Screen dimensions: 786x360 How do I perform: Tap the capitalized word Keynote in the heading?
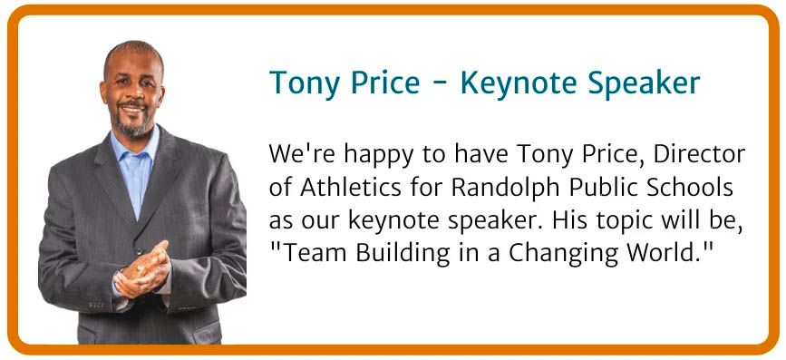click(519, 83)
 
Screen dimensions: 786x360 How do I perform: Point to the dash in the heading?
click(440, 86)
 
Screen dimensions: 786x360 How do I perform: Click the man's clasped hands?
click(143, 269)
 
